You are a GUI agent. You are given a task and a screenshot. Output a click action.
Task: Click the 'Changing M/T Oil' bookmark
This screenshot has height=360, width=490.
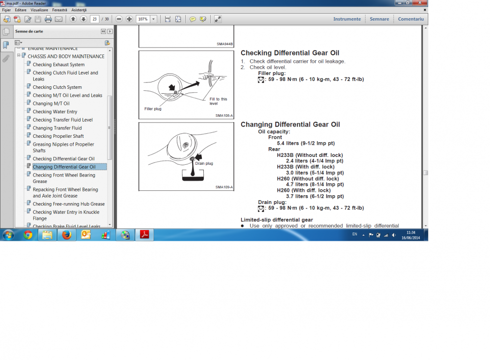coord(51,103)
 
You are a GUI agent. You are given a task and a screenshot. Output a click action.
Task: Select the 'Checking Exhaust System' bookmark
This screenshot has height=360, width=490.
coord(58,65)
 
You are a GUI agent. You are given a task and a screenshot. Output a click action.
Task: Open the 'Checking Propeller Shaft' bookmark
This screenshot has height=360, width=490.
coord(58,136)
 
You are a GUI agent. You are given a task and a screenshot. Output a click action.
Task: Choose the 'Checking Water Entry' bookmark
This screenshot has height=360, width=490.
coord(55,112)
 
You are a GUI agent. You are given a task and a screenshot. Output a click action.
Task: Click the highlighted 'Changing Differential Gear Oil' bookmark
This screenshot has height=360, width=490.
coord(64,167)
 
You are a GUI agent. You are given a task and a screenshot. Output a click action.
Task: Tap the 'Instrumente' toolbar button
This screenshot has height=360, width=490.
coord(347,19)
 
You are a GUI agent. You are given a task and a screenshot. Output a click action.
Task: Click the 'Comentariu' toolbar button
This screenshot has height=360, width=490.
coord(411,19)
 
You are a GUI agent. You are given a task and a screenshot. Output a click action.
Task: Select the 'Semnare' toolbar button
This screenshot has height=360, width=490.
coord(379,19)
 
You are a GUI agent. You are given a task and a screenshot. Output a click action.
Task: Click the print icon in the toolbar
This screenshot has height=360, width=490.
coord(48,19)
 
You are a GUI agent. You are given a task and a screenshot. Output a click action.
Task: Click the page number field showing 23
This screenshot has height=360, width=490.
coord(95,19)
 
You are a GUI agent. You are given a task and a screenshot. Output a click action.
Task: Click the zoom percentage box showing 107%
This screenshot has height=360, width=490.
coord(143,19)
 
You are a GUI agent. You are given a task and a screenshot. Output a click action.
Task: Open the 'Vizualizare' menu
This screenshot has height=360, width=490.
coord(39,10)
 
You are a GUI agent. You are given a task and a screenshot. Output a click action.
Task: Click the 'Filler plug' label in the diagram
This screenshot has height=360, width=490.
coord(153,109)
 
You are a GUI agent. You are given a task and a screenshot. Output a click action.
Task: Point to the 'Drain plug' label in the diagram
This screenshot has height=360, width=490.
coord(204,163)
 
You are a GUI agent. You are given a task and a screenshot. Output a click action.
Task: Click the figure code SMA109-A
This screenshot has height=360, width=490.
coord(224,187)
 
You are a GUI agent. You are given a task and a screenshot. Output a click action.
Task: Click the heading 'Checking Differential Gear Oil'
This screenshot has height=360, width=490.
coord(290,53)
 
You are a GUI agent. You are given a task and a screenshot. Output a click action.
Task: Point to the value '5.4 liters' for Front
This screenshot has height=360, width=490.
coord(288,143)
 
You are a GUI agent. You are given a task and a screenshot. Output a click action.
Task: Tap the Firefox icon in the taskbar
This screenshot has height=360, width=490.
coord(67,234)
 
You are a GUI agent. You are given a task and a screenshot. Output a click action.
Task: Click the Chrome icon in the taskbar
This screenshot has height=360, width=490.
coord(28,235)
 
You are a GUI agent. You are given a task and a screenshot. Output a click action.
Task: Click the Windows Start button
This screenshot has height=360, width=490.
coord(8,235)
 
